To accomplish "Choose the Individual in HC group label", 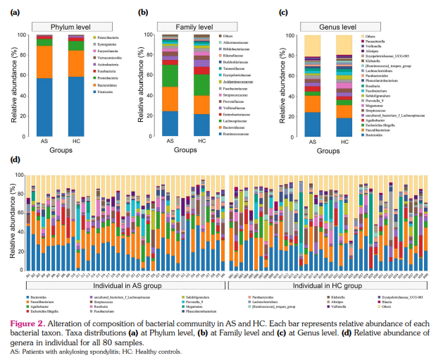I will pos(325,287).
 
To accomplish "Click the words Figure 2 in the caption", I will pos(27,323).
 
